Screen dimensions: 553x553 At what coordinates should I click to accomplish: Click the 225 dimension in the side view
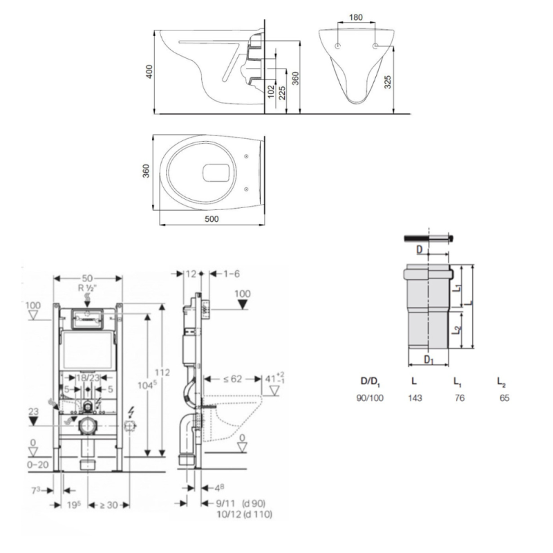[x=283, y=91]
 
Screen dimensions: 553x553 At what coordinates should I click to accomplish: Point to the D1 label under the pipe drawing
[x=429, y=359]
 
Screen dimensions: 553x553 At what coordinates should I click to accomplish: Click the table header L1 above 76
[x=457, y=381]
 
